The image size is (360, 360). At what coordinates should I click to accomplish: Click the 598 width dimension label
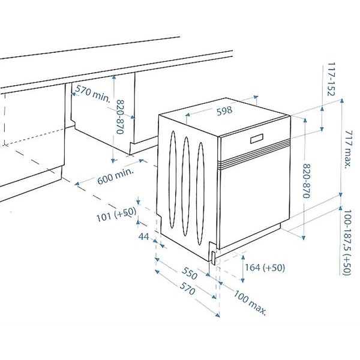[224, 111]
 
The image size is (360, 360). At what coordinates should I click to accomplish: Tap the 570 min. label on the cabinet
[93, 93]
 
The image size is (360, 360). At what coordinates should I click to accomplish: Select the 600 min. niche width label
[115, 176]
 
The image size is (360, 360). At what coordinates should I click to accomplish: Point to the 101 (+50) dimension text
[116, 214]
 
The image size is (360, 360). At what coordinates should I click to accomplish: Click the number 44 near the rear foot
[144, 236]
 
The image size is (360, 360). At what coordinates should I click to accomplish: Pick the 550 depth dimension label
[190, 273]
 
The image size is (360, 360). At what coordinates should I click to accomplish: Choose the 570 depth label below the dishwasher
[187, 289]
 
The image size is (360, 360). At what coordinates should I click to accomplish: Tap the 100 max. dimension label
[250, 302]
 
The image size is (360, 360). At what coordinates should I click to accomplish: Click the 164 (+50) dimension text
[265, 268]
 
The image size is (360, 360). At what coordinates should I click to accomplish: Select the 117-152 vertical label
[331, 79]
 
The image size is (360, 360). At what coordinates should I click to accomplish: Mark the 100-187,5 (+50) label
[347, 242]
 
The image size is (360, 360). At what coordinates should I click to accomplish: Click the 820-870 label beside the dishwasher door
[307, 181]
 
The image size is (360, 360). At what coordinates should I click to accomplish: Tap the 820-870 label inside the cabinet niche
[121, 117]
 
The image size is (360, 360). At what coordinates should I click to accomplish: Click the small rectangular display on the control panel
[257, 139]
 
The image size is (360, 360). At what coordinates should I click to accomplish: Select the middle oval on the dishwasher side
[186, 186]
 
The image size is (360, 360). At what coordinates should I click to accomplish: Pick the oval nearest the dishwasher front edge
[200, 194]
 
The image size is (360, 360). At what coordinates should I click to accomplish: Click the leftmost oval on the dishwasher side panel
[172, 179]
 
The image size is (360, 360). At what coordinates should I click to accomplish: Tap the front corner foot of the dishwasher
[214, 257]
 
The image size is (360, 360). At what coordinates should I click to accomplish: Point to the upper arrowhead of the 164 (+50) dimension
[242, 257]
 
